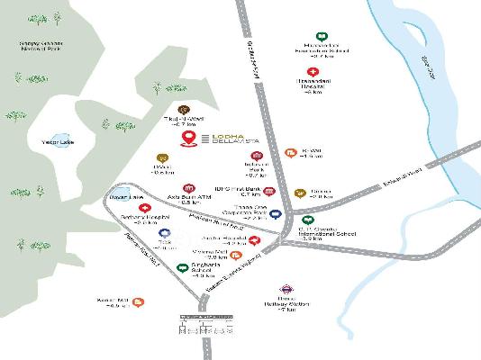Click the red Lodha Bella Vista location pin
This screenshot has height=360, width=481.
coord(188,138)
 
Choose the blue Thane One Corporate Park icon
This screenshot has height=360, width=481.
coord(277,214)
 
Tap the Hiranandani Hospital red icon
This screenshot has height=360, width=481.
coord(313,71)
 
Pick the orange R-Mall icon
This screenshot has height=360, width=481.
coord(289,153)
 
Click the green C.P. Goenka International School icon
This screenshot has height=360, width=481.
coord(308,219)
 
